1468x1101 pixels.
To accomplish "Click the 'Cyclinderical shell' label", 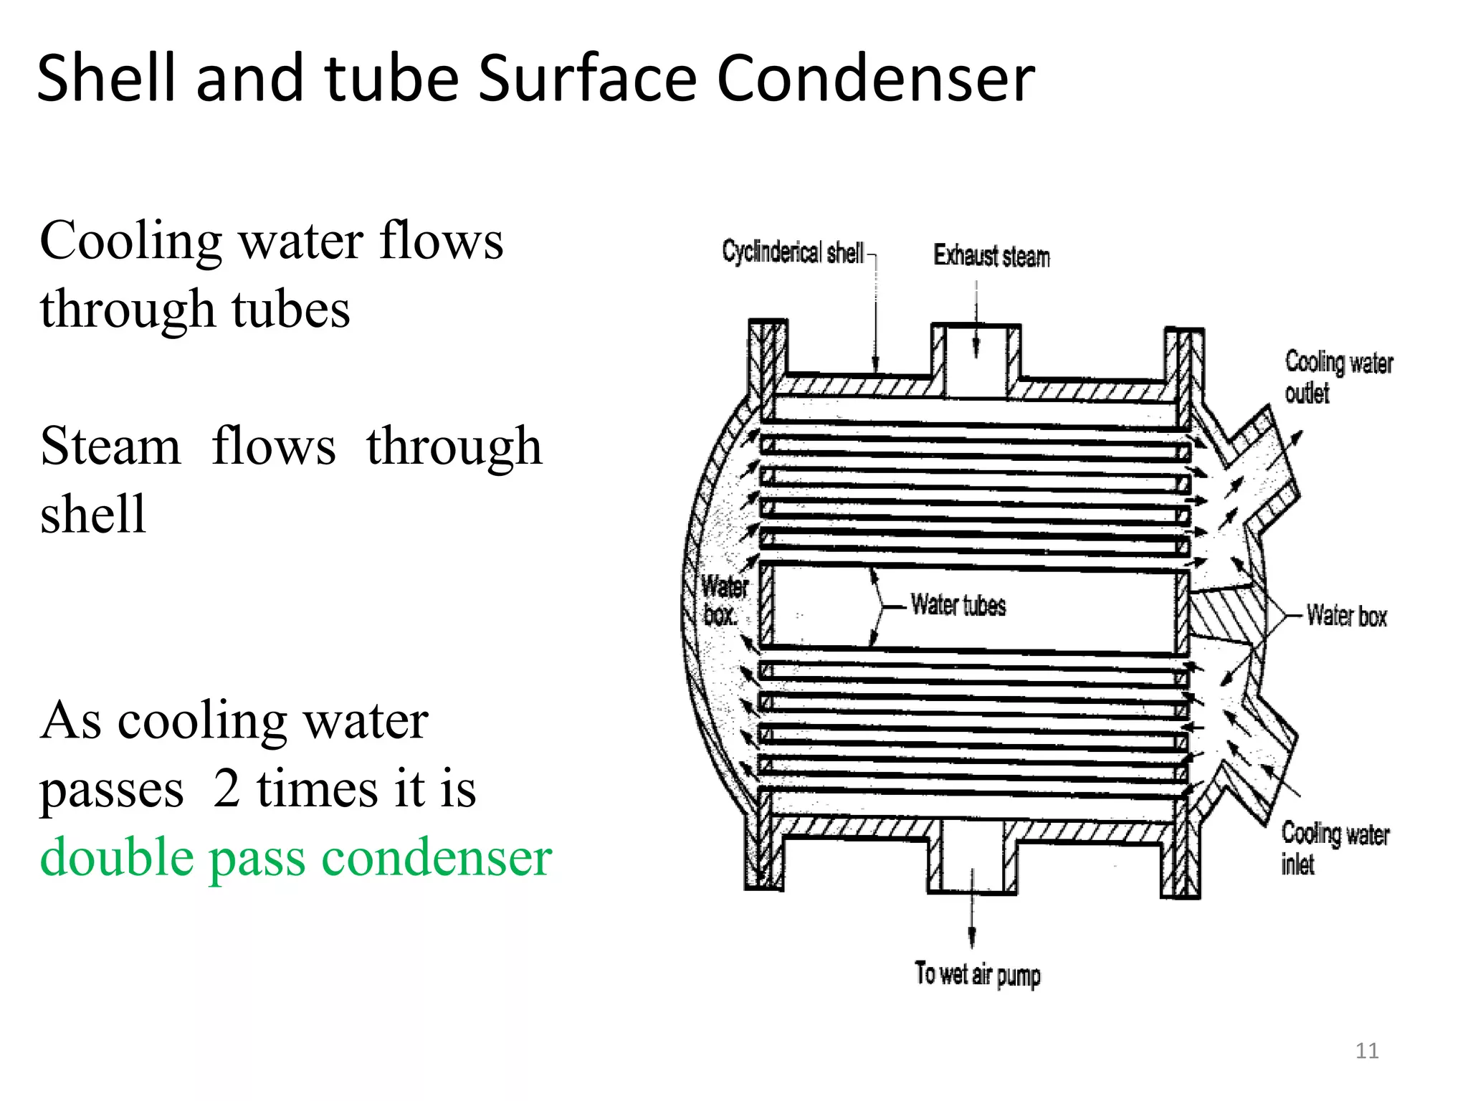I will (x=793, y=252).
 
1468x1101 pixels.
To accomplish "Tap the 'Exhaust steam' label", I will (x=991, y=256).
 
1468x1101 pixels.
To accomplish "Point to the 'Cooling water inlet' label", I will (x=1335, y=848).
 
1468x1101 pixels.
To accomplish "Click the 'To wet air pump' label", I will (x=977, y=974).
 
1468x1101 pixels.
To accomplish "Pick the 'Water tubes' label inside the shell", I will (x=958, y=605).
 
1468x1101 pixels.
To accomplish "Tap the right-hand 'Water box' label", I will (x=1346, y=616).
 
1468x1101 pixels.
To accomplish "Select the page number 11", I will (x=1367, y=1051).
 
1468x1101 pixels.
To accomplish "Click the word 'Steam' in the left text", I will (x=110, y=446).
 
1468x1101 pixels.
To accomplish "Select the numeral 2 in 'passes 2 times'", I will (x=227, y=788).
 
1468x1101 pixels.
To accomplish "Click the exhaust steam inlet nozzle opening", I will (x=976, y=358).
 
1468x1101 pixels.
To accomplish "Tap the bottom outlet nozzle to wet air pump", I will (x=972, y=857).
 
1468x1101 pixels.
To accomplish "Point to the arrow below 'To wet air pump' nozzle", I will (x=972, y=925).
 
